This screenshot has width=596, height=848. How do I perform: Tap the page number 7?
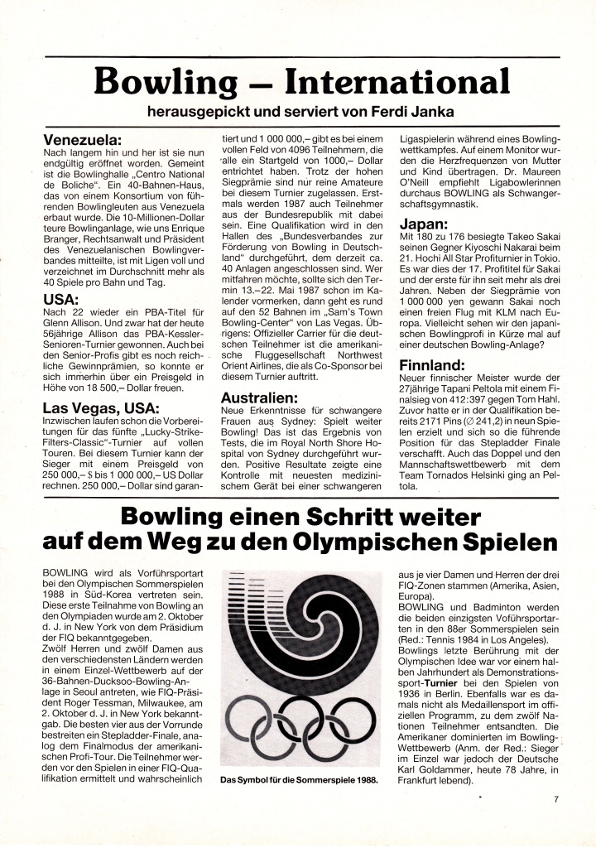555,800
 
